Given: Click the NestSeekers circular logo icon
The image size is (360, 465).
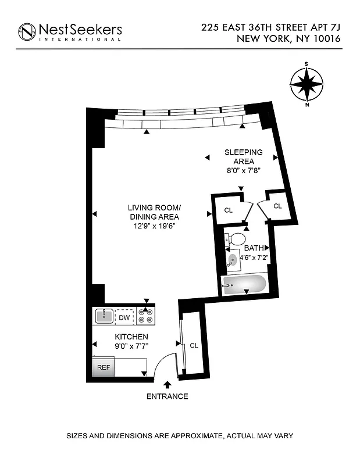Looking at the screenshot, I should [27, 31].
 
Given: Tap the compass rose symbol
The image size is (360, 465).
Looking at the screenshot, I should [306, 84].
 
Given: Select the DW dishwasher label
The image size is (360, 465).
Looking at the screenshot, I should [124, 317].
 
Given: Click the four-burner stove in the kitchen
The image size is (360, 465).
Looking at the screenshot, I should [145, 316].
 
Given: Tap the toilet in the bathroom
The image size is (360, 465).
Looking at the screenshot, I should [236, 239].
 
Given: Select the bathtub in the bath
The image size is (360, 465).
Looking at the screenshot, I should [245, 285].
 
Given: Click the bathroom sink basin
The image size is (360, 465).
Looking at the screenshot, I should [233, 260].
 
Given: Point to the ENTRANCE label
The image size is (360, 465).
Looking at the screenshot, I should [167, 396].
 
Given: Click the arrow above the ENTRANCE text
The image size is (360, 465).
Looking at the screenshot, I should [167, 385].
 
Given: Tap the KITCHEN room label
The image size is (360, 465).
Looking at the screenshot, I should [131, 337].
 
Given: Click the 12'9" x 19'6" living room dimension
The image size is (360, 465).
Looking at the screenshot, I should [154, 227].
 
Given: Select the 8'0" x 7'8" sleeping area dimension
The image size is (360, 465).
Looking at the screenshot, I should [244, 171].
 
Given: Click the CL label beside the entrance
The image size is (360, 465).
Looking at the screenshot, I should [194, 346].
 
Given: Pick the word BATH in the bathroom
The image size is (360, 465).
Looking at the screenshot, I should [254, 248].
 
